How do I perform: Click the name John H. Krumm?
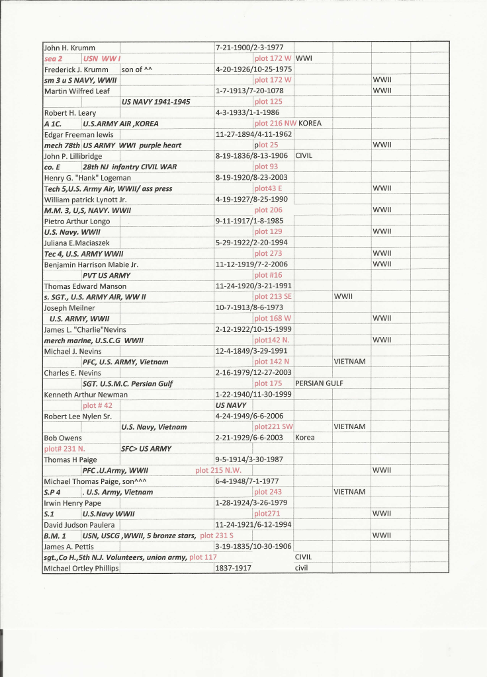(x=69, y=48)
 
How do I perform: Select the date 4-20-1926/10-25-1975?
(x=254, y=69)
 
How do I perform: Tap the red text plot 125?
(x=268, y=101)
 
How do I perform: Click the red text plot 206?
(x=268, y=210)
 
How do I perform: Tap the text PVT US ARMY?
(x=107, y=275)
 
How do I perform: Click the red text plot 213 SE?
(x=273, y=297)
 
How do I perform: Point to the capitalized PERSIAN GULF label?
(x=320, y=383)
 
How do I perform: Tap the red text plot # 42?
(x=97, y=405)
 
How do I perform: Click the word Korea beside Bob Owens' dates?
(x=304, y=438)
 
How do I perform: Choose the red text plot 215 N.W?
(x=218, y=470)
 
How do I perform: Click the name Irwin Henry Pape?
(x=72, y=502)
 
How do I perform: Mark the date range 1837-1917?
(x=233, y=568)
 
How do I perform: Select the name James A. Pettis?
(x=69, y=546)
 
